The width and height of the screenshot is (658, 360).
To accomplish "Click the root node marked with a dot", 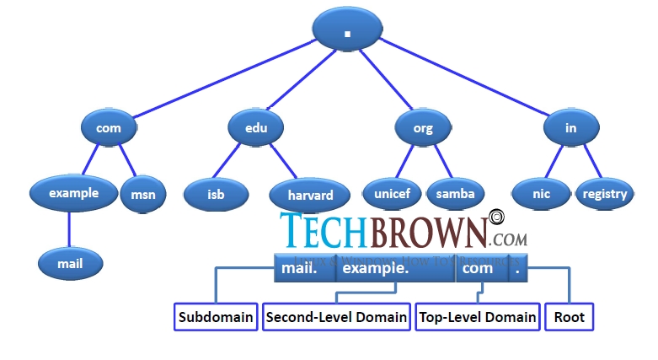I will (347, 30).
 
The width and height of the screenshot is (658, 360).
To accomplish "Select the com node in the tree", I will (109, 128).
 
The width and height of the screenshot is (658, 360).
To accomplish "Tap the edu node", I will (257, 128).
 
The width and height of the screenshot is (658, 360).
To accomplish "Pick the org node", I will (424, 128).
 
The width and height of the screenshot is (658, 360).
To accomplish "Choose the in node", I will (571, 128).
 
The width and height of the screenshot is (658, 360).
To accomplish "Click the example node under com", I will (73, 193).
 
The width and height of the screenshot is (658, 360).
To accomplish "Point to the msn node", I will (143, 195).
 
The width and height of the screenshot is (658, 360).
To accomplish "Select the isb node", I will (217, 194).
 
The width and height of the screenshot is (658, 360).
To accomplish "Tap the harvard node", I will (309, 195).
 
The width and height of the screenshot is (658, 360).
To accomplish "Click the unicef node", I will (392, 194).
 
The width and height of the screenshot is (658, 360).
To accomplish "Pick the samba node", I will (455, 194).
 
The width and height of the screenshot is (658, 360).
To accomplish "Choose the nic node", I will (541, 194).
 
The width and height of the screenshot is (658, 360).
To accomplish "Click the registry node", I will (604, 194).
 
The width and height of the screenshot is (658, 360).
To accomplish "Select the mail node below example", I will (70, 263).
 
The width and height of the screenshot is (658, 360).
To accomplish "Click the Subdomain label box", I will (216, 317).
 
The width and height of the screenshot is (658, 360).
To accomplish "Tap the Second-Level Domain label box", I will (336, 317).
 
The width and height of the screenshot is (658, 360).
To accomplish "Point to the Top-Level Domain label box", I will (478, 317).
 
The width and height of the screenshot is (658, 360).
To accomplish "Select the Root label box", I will (569, 317).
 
